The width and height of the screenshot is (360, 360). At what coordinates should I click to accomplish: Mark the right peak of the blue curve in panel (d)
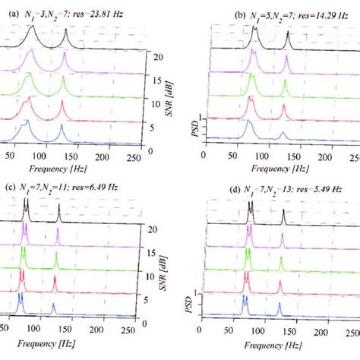pyautogui.click(x=279, y=306)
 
